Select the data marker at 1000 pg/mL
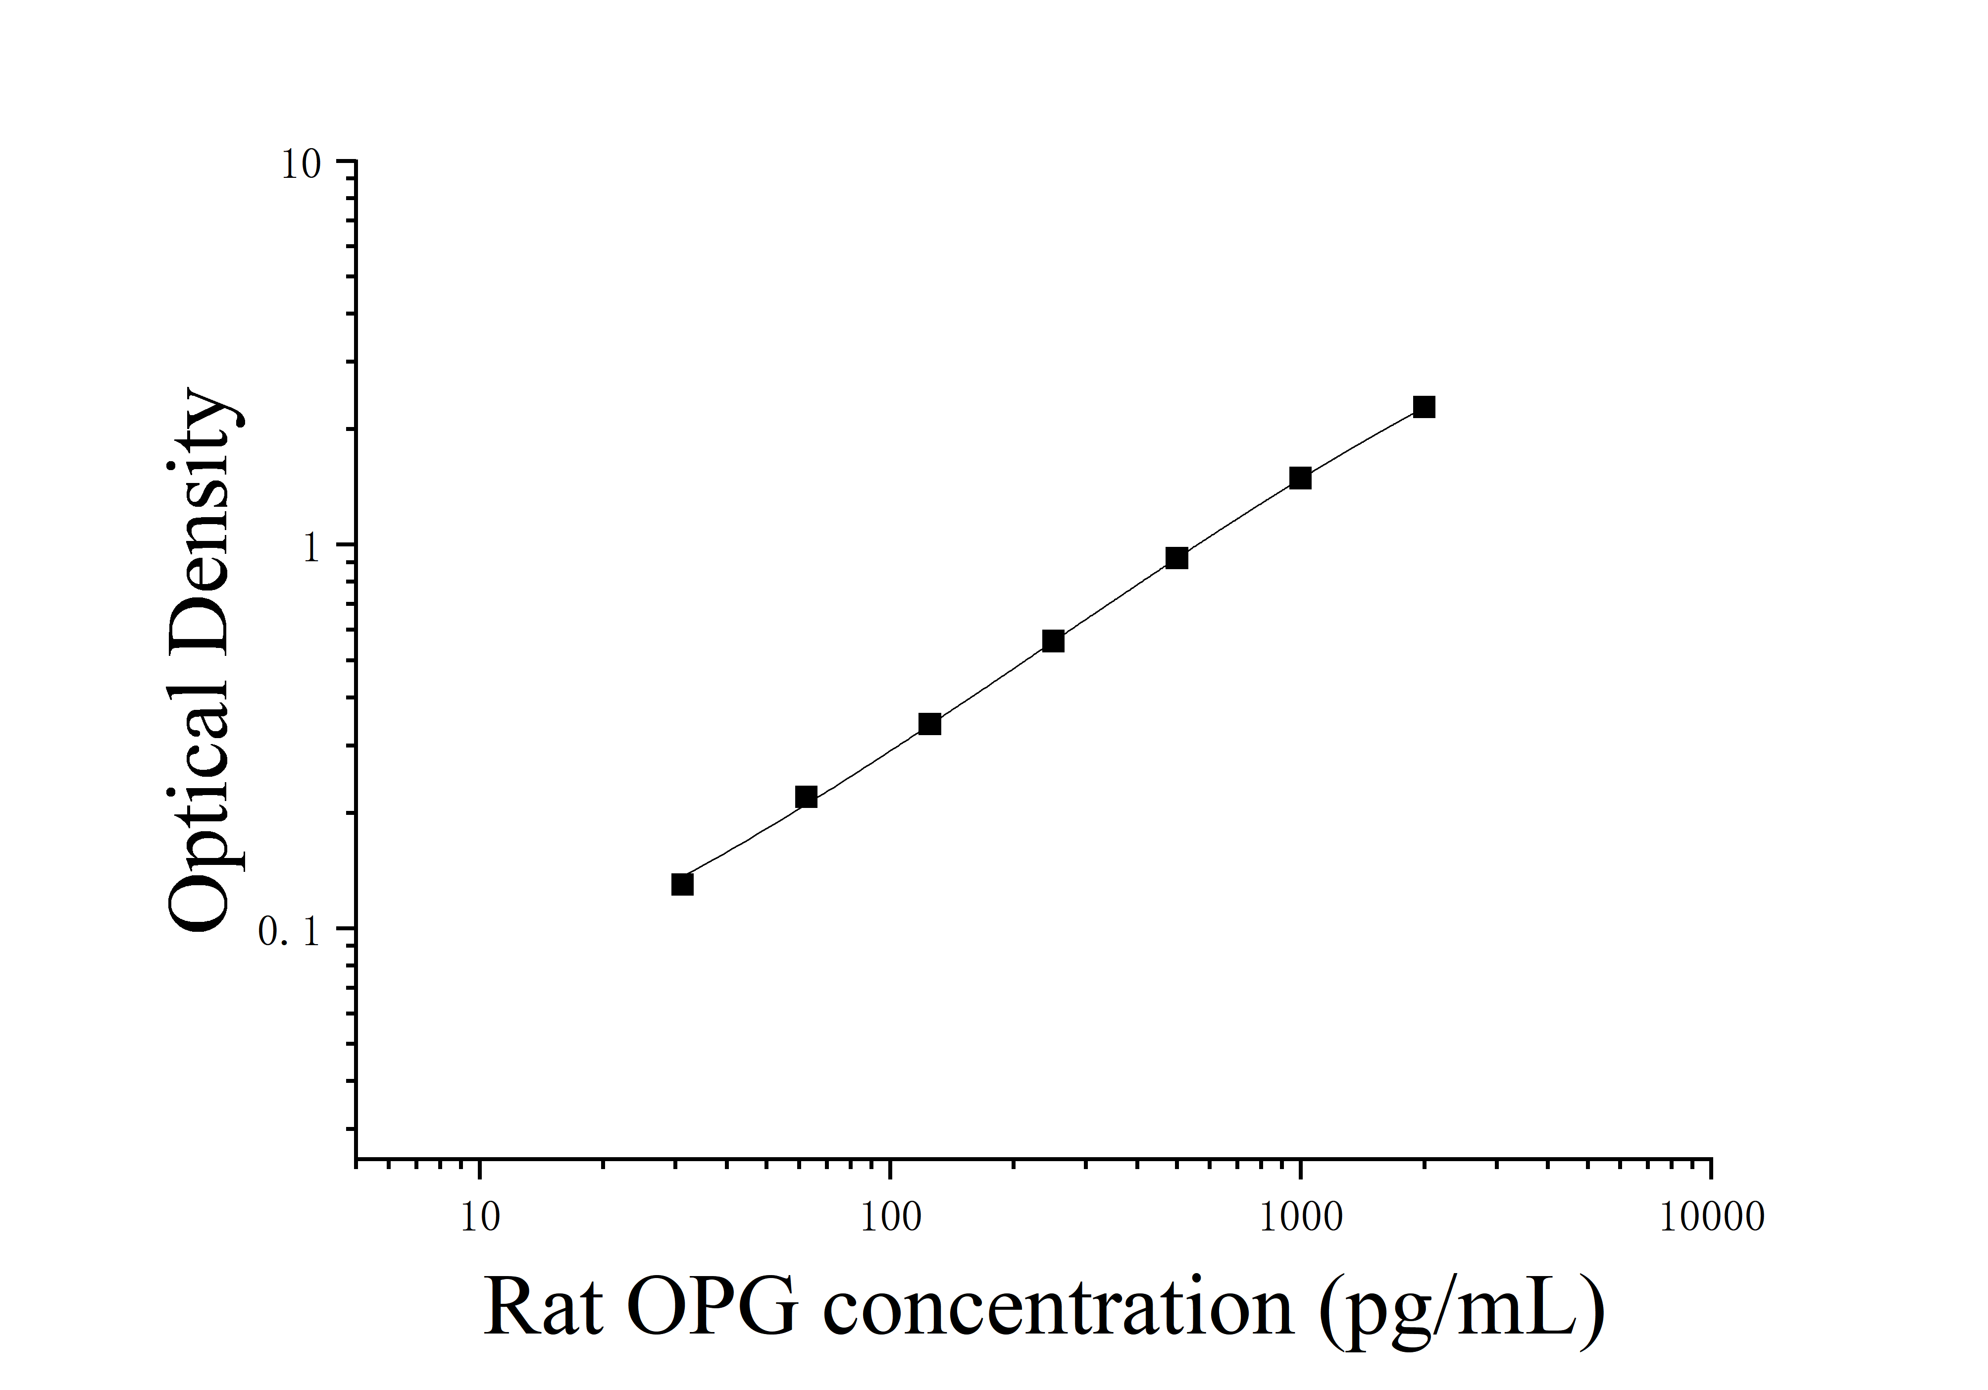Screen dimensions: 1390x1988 [x=1301, y=478]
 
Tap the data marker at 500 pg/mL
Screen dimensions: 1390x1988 [x=1176, y=559]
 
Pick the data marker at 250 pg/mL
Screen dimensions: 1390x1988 [x=1053, y=641]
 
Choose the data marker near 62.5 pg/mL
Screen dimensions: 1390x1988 [x=806, y=797]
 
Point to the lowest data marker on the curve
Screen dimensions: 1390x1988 [x=682, y=884]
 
